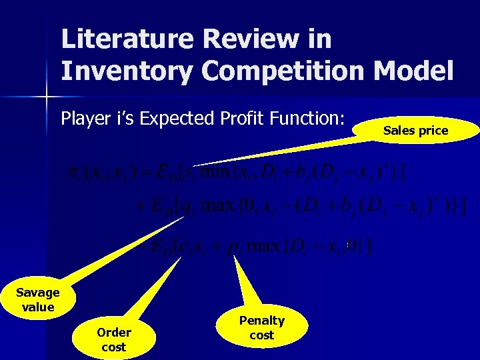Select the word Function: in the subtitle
pyautogui.click(x=307, y=119)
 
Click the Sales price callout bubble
pyautogui.click(x=415, y=131)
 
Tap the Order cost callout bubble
pyautogui.click(x=114, y=339)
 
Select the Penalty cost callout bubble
pyautogui.click(x=262, y=327)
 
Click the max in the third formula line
pyautogui.click(x=265, y=247)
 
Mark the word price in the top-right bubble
pyautogui.click(x=433, y=131)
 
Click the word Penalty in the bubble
pyautogui.click(x=262, y=321)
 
